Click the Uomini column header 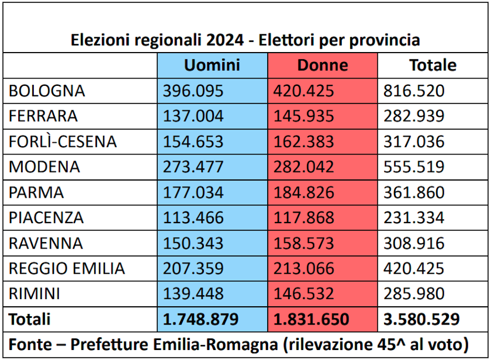pos(212,65)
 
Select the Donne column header pos(323,65)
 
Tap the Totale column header pos(433,65)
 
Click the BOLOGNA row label pos(47,91)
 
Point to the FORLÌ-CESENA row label pos(63,142)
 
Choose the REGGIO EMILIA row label pos(67,269)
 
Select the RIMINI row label pos(34,294)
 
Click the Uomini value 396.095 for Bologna pos(193,91)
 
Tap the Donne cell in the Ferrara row pos(304,116)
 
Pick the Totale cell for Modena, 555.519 pos(413,167)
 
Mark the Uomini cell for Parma pos(193,193)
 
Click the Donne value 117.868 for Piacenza pos(304,218)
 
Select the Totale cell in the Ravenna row pos(413,244)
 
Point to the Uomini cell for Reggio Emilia pos(193,269)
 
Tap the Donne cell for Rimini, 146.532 pos(304,294)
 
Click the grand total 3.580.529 pos(421,320)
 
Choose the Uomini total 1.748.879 pos(201,320)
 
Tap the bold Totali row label pos(29,320)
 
